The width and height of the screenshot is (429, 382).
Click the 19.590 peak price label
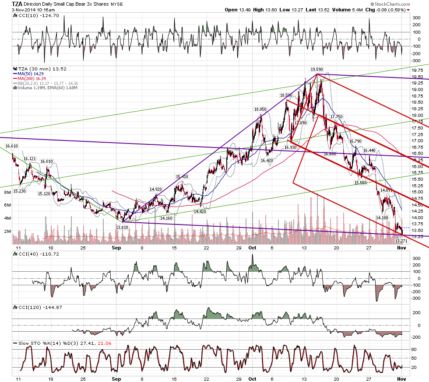coord(317,70)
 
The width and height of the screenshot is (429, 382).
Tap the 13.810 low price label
coord(122,227)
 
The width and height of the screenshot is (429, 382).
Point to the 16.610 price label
coord(12,146)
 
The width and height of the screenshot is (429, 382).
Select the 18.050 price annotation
coord(260,109)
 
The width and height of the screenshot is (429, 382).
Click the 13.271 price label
coord(401,241)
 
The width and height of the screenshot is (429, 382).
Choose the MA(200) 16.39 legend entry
coord(30,78)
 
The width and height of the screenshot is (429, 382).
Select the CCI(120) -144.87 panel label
coord(38,307)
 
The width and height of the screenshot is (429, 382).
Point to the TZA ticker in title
coord(17,4)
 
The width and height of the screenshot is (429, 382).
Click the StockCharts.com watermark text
coord(390,4)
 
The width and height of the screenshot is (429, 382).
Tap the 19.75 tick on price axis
coord(417,70)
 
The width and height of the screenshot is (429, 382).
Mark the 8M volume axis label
coord(7,193)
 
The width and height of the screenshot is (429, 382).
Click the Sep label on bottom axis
coord(116,248)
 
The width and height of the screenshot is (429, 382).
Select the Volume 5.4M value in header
coord(348,10)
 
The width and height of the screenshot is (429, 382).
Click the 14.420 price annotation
coord(200,212)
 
